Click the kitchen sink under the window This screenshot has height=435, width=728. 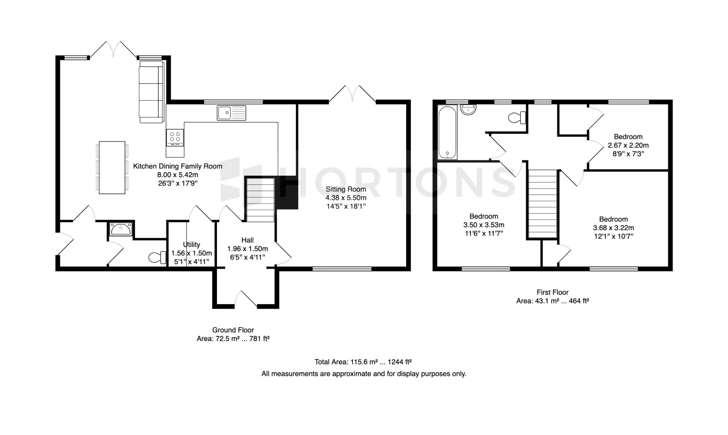tap(231, 113)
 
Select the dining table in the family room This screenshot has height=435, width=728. tap(112, 168)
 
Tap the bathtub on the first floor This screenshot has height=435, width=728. tap(448, 132)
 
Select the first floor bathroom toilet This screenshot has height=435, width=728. tap(517, 118)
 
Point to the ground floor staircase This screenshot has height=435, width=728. tap(260, 200)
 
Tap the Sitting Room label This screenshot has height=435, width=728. tap(346, 189)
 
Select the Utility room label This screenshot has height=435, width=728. tap(191, 245)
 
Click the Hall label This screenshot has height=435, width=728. tap(248, 240)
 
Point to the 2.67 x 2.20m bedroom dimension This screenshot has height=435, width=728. tap(628, 145)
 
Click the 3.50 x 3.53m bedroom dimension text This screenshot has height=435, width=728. tap(484, 225)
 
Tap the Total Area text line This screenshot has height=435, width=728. tap(363, 362)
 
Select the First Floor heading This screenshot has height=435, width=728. tap(552, 292)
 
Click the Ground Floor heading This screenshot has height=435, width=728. tap(233, 330)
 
